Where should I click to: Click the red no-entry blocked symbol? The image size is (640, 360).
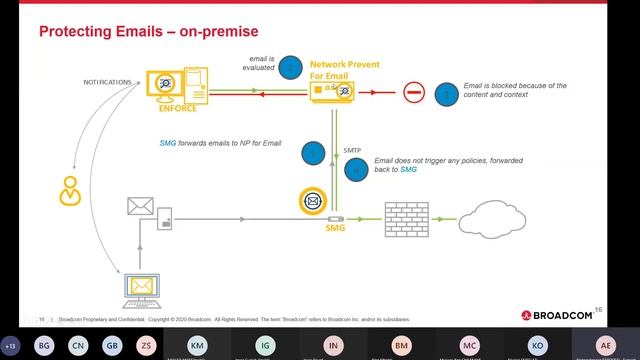tap(414, 93)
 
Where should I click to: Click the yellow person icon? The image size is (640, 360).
tap(69, 189)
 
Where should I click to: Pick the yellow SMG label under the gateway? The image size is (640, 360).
tap(335, 228)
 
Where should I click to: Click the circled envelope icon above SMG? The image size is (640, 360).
tap(313, 201)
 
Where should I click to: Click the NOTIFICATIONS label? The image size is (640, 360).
tap(106, 81)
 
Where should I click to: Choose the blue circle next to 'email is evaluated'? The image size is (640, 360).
tap(290, 67)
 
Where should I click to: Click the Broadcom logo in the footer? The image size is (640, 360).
tap(557, 315)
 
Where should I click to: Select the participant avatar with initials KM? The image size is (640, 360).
tap(198, 344)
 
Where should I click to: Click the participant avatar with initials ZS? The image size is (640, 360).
tap(146, 345)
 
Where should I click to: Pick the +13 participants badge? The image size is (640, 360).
tap(11, 345)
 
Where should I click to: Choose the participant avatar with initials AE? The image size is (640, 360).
tap(604, 344)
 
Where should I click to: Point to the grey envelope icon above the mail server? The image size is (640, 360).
tap(138, 205)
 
